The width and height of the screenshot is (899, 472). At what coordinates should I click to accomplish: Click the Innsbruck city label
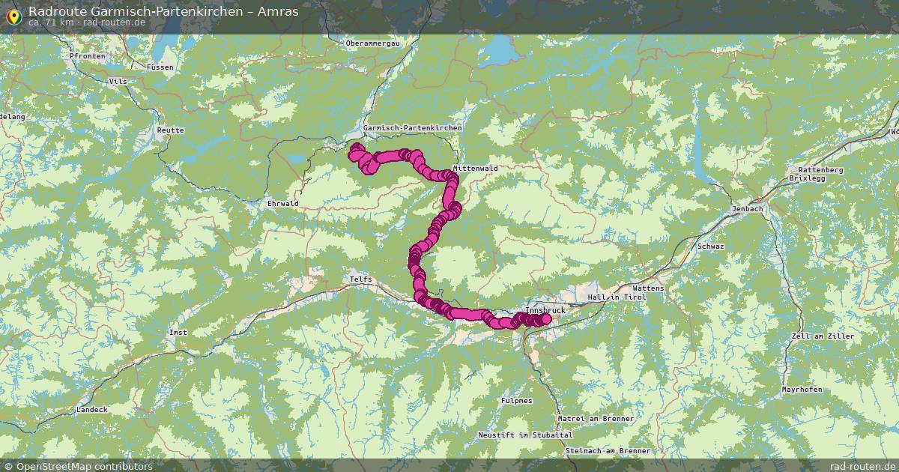pos(545,309)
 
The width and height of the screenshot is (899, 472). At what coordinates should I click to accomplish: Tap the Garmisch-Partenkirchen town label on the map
pos(413,128)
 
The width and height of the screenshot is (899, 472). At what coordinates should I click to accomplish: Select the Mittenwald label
pos(475,169)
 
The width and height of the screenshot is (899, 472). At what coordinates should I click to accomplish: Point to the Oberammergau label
pos(373,43)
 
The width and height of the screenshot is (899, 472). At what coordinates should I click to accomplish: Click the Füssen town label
pos(160,67)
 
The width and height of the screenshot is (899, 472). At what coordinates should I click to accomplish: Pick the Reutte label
pos(170,130)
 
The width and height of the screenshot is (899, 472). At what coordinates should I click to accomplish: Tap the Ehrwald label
pos(282,203)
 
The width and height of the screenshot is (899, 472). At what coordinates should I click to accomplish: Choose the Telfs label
pos(360,279)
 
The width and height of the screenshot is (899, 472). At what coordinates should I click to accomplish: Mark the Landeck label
pos(92,410)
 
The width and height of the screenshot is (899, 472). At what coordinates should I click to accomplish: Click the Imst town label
pos(178,332)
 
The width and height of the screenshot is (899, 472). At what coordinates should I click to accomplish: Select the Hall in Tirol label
pos(616,297)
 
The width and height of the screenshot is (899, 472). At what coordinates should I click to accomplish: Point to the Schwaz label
pos(710,246)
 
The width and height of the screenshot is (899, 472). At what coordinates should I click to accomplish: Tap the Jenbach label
pos(748,209)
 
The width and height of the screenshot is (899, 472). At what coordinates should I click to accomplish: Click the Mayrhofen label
pos(802,390)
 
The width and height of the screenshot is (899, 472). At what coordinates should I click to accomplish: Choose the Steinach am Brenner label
pos(608,451)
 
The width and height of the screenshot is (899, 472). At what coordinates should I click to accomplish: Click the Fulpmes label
pos(517,401)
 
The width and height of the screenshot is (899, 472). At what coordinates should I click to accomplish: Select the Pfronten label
pos(84,56)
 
